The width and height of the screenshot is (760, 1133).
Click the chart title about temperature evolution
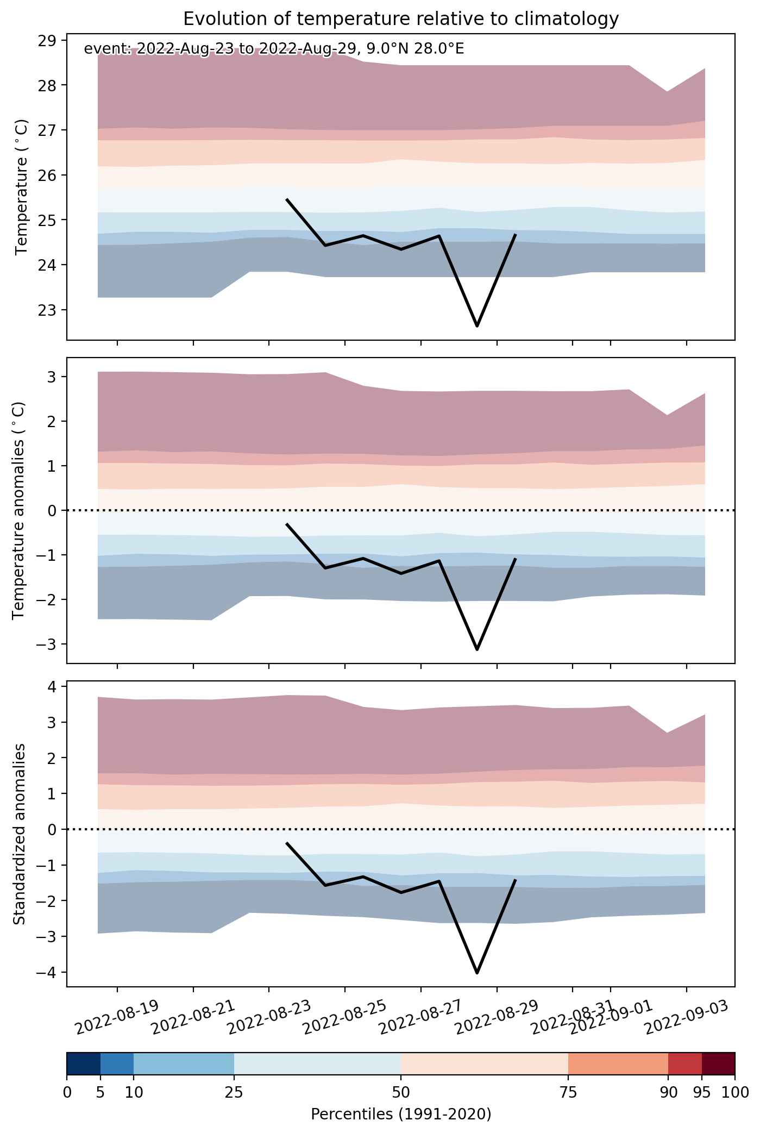tap(401, 19)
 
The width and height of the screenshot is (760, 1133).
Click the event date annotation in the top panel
tap(274, 49)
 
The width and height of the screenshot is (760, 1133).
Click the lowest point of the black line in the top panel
tap(477, 326)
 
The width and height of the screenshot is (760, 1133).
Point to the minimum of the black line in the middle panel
tap(477, 649)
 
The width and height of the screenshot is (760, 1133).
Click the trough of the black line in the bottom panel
tap(477, 973)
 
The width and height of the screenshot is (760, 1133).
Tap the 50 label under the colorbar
tap(401, 1092)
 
